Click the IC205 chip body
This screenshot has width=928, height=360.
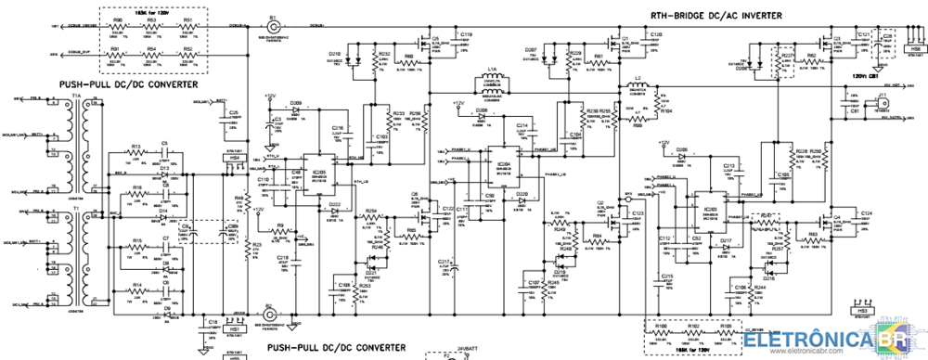point(318,174)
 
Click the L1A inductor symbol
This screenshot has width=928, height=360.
point(493,76)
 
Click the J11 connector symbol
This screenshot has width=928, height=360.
point(883,102)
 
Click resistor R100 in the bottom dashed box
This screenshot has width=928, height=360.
point(661,336)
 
